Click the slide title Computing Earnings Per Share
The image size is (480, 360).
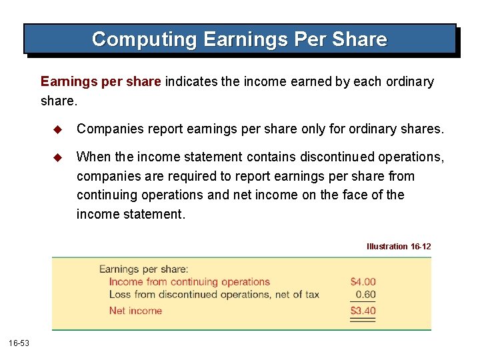click(x=239, y=39)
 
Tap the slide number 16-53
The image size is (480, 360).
click(x=18, y=343)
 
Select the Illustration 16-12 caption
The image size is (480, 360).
click(x=399, y=247)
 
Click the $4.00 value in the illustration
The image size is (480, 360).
click(x=363, y=282)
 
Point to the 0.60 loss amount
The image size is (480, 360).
click(x=365, y=294)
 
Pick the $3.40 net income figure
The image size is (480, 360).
click(x=363, y=310)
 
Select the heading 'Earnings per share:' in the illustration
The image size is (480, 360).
click(x=144, y=269)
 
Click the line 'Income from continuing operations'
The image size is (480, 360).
click(x=189, y=282)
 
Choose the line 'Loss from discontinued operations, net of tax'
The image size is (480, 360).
click(x=214, y=294)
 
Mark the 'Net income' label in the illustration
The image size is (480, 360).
click(x=135, y=310)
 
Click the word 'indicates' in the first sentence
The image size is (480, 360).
click(x=192, y=82)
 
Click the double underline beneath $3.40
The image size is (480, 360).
click(x=363, y=320)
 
